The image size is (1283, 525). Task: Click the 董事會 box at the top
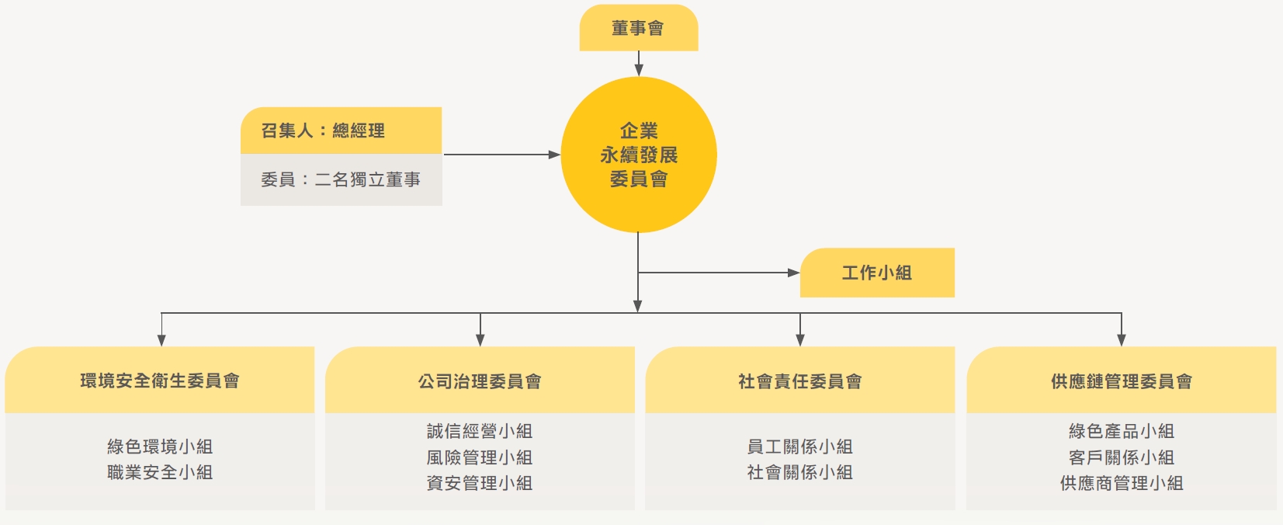pos(638,28)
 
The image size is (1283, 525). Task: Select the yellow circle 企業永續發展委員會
pos(638,155)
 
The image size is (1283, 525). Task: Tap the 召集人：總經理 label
pos(323,130)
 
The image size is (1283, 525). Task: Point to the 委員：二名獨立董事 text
pos(341,179)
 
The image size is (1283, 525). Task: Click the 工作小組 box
pos(876,273)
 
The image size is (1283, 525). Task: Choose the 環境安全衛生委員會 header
pos(160,381)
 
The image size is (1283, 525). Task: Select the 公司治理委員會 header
pos(480,381)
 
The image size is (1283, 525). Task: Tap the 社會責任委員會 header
pos(799,381)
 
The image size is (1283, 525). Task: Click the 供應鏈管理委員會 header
pos(1121,381)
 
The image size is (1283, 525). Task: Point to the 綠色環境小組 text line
pos(160,447)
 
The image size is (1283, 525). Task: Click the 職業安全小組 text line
pos(160,472)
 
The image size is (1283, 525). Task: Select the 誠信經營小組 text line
pos(480,431)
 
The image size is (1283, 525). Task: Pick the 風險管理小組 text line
pos(480,457)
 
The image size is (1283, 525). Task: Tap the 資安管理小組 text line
pos(480,483)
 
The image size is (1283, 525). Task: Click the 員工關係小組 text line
pos(799,447)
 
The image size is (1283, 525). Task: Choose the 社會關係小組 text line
pos(799,472)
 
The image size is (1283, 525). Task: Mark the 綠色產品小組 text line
pos(1121,431)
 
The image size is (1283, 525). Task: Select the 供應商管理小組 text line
pos(1121,483)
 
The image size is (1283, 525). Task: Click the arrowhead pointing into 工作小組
pos(793,273)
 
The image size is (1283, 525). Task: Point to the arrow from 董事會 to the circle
pos(639,64)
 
